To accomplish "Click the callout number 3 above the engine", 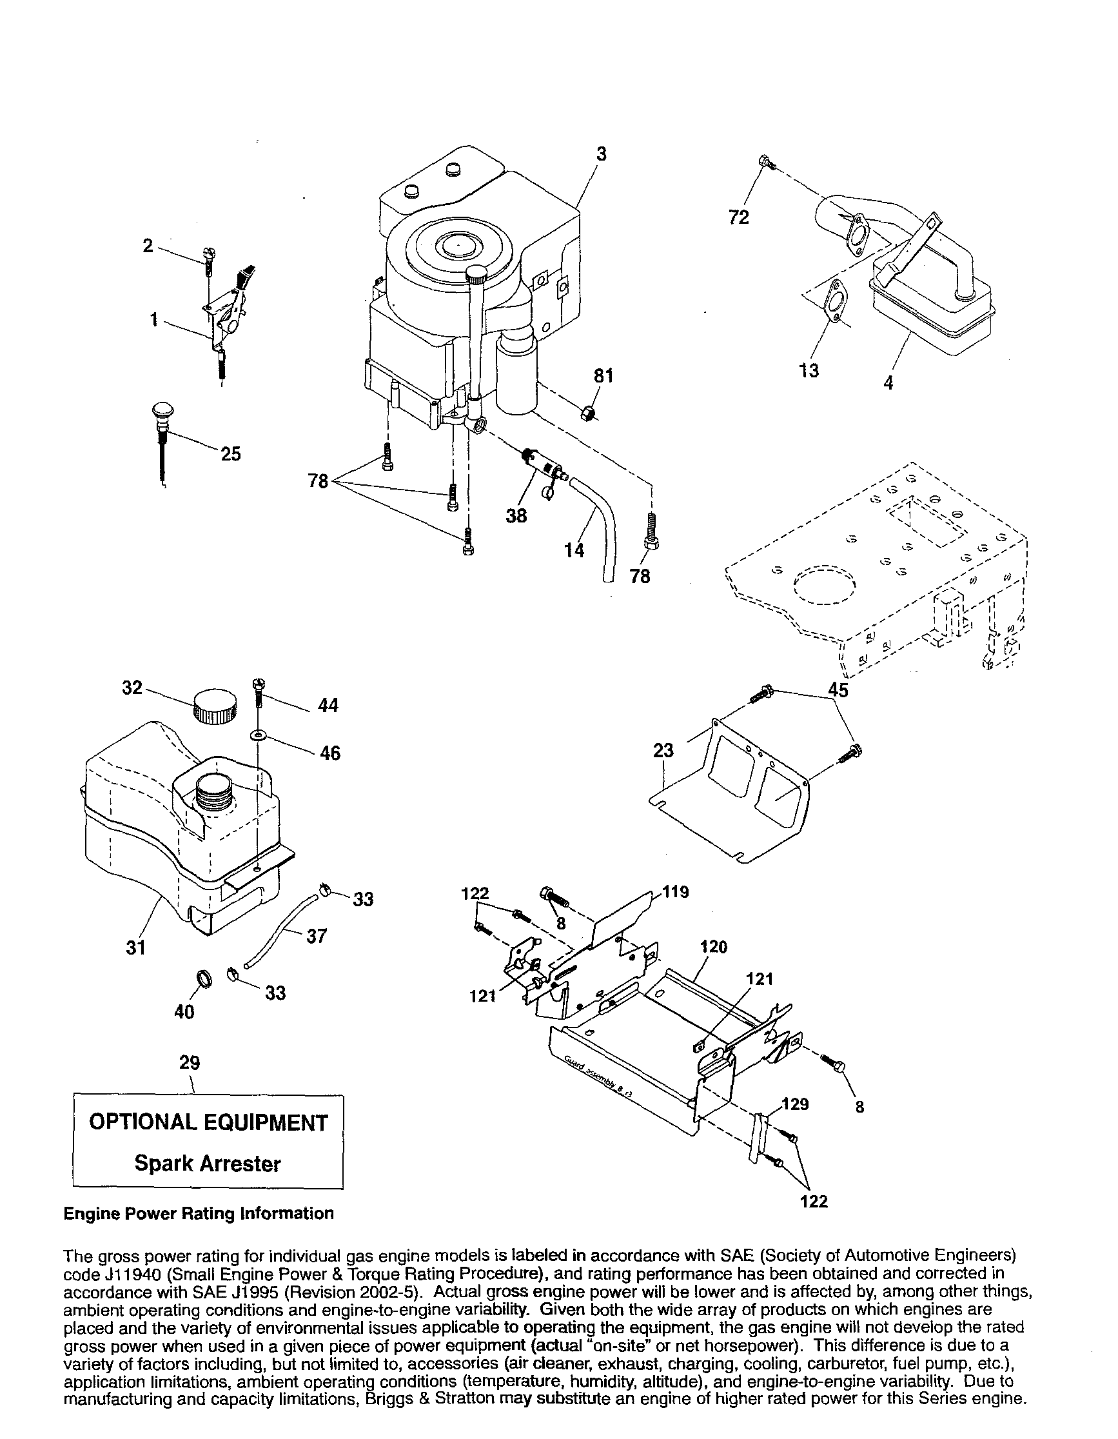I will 601,154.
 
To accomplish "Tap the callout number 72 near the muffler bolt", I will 739,217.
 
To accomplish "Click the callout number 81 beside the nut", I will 603,376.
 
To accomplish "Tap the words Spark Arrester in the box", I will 208,1164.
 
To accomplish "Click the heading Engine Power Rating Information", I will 199,1213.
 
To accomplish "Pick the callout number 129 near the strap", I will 795,1104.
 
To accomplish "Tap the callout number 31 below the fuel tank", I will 135,948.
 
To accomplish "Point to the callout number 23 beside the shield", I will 663,751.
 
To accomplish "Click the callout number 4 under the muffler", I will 888,383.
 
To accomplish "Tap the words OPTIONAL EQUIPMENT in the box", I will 208,1123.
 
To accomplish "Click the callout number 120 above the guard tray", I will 714,948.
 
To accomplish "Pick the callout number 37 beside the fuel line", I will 316,937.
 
